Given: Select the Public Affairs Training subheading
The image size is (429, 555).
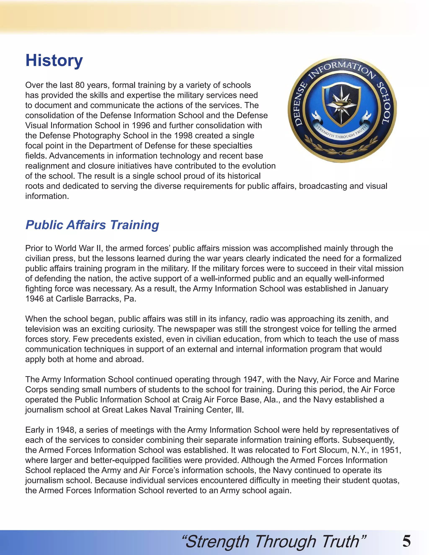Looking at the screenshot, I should pos(92,225).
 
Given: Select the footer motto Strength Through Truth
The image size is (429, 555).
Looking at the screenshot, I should pos(274,541).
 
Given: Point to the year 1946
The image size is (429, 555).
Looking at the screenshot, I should pos(35,299).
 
